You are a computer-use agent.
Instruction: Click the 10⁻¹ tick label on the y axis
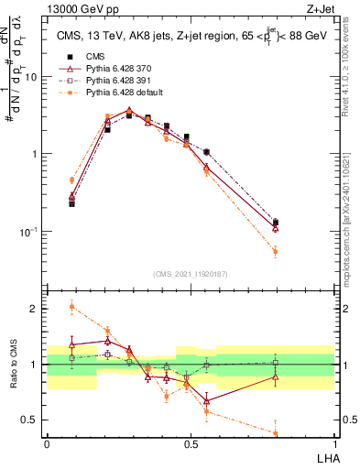coord(31,232)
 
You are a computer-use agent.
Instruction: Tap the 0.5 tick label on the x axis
coord(191,443)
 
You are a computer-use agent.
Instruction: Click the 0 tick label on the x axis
coord(47,443)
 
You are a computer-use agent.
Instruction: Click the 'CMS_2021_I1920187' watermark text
coord(190,273)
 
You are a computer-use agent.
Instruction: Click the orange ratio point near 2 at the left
coord(71,307)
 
